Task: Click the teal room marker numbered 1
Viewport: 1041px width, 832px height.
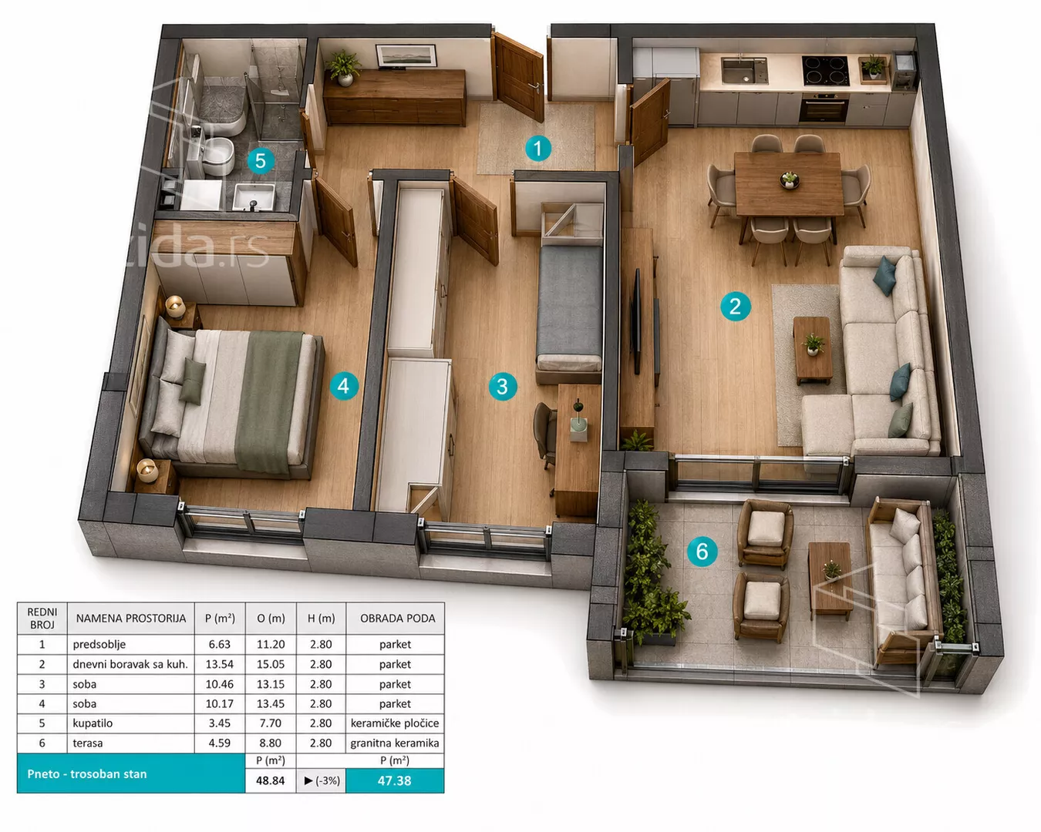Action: click(538, 148)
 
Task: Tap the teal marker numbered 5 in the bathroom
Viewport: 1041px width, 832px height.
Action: click(261, 160)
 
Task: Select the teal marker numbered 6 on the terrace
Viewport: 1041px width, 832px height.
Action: click(702, 552)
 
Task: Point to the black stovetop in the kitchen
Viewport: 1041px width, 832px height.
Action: click(825, 71)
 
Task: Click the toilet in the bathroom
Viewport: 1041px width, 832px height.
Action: click(217, 156)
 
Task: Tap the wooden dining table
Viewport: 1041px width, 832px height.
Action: click(789, 183)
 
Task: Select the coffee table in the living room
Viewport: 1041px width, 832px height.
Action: click(813, 349)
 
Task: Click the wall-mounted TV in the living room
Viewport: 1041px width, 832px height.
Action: click(637, 321)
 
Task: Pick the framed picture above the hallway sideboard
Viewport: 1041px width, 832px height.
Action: click(406, 55)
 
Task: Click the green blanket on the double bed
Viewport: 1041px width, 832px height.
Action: click(268, 401)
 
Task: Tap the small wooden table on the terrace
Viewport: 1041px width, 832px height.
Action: click(830, 580)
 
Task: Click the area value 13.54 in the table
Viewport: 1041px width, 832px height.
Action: click(220, 664)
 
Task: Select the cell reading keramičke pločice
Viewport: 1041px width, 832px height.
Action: click(395, 723)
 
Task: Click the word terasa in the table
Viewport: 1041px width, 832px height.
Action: click(88, 743)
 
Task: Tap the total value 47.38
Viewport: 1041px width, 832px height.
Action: click(394, 780)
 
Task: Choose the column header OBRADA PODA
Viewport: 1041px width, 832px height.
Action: click(398, 619)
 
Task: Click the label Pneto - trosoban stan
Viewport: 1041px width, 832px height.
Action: click(87, 774)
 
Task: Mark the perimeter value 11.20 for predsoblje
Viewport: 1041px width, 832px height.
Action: click(271, 645)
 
